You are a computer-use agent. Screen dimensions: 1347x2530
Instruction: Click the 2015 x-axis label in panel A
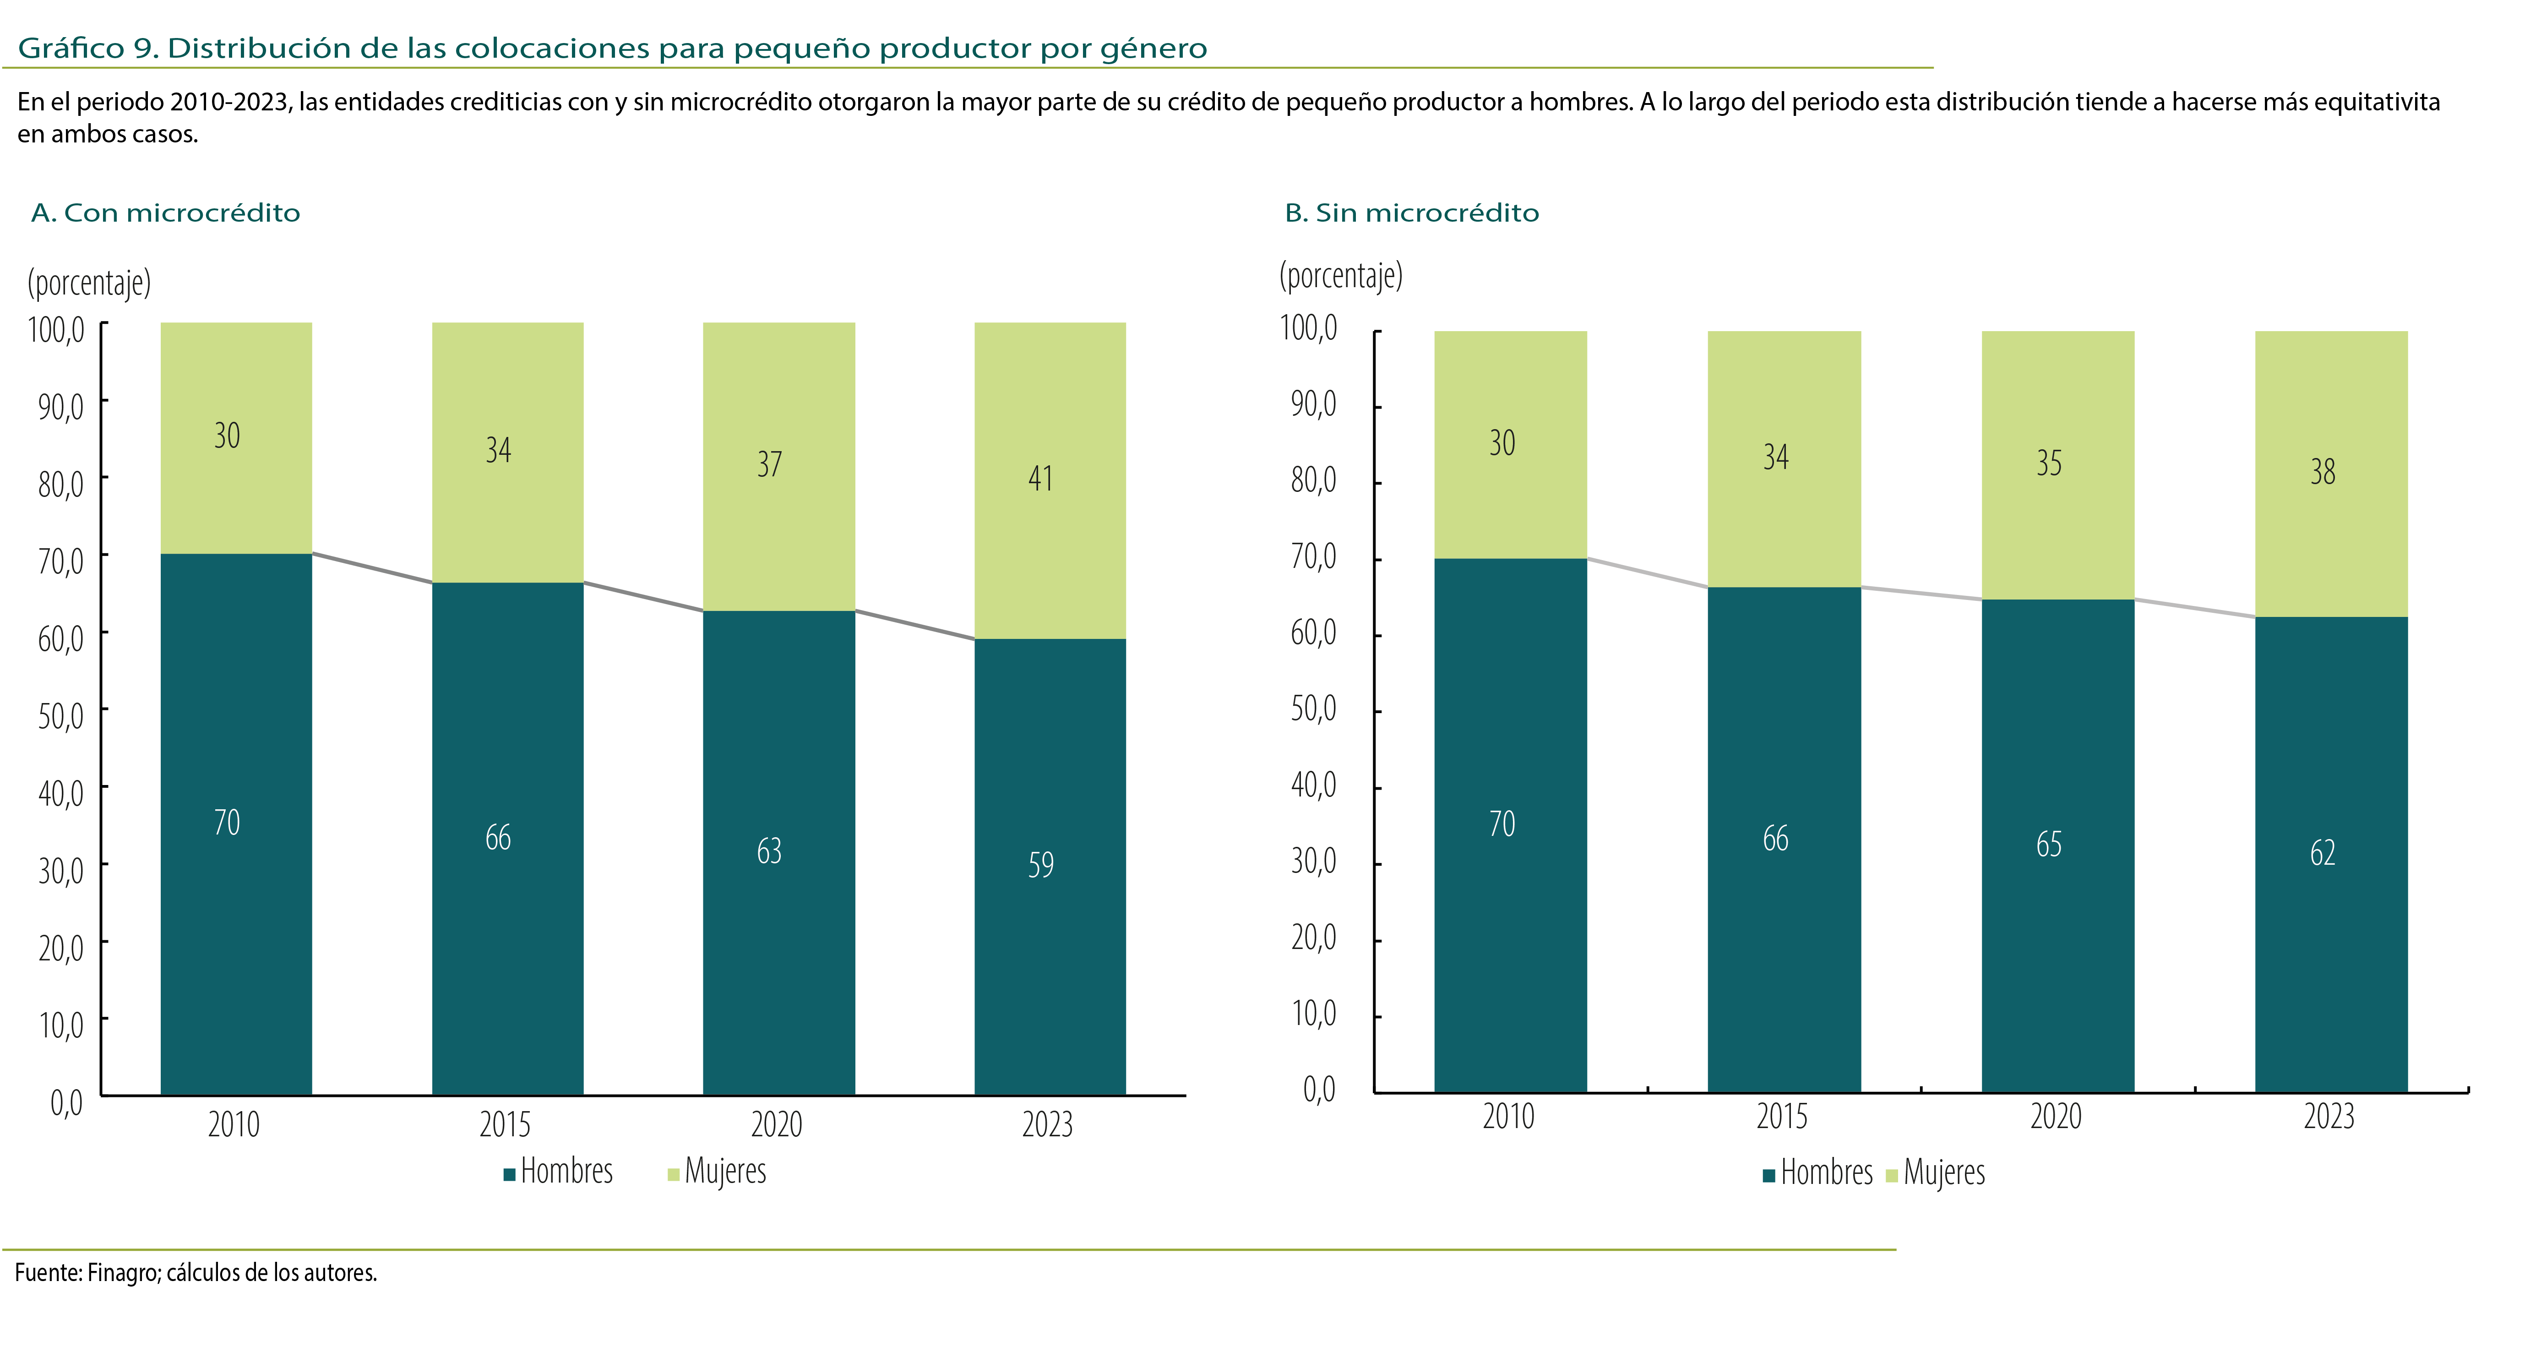tap(505, 1124)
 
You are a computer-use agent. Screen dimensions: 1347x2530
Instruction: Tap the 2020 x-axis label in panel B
tap(2056, 1116)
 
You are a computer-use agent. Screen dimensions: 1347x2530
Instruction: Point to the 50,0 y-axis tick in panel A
tap(61, 714)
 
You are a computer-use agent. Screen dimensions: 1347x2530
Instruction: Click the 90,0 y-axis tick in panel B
tap(1313, 403)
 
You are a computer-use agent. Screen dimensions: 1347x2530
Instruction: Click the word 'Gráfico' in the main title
tap(71, 48)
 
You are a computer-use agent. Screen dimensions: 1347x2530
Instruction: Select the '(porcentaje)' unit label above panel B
tap(1341, 275)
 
